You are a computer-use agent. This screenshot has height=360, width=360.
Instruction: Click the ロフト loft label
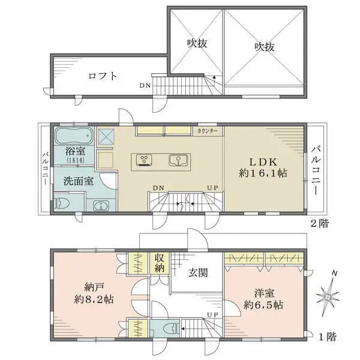tap(103, 76)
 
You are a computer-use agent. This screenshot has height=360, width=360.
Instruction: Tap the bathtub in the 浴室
tap(74, 136)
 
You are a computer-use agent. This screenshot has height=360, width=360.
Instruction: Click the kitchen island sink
tap(178, 160)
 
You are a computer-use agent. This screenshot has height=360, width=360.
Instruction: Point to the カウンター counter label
tap(208, 131)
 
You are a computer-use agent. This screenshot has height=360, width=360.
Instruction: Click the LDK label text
tap(263, 163)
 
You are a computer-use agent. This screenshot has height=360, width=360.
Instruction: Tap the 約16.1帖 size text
tap(263, 173)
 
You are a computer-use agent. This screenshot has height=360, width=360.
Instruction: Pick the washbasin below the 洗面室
tap(101, 205)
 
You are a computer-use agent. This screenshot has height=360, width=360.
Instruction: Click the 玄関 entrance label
tap(198, 273)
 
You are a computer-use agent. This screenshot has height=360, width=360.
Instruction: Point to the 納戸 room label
tap(94, 287)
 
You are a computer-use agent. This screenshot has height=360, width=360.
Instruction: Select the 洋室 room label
tap(264, 293)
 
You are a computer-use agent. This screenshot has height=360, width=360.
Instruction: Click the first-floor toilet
tap(170, 328)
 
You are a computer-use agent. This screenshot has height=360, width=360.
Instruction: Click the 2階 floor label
tap(320, 223)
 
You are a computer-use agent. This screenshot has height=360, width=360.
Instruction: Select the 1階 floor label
tap(328, 337)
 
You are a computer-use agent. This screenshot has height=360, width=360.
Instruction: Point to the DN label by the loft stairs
tap(145, 86)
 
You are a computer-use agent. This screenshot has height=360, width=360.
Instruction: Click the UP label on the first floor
tap(212, 314)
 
